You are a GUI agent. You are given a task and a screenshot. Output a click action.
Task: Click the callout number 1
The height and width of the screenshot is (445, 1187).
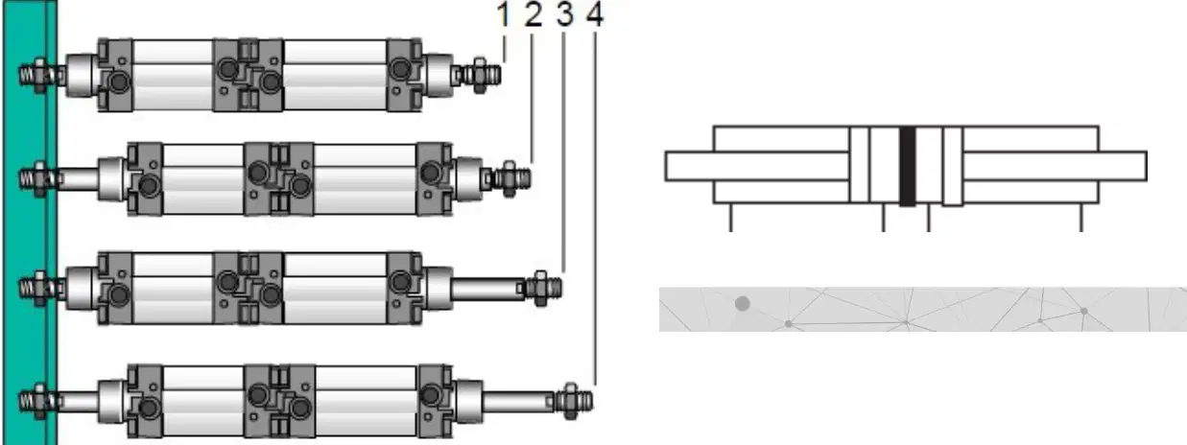[504, 14]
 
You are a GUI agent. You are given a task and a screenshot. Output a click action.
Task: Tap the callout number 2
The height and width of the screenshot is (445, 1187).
[534, 14]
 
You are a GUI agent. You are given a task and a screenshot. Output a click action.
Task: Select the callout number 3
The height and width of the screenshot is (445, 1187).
[565, 14]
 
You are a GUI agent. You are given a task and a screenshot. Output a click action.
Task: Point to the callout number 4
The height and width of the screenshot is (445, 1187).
[595, 14]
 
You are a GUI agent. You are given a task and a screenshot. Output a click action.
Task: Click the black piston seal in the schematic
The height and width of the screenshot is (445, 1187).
[907, 166]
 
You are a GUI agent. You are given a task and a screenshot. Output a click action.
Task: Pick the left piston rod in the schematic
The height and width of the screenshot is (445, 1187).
[757, 166]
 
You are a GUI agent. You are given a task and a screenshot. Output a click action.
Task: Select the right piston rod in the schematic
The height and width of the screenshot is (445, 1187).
[1055, 166]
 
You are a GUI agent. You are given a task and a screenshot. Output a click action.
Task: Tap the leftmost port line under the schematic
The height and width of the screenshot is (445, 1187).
[731, 217]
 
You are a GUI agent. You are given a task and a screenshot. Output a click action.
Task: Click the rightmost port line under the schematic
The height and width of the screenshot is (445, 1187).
[1081, 217]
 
